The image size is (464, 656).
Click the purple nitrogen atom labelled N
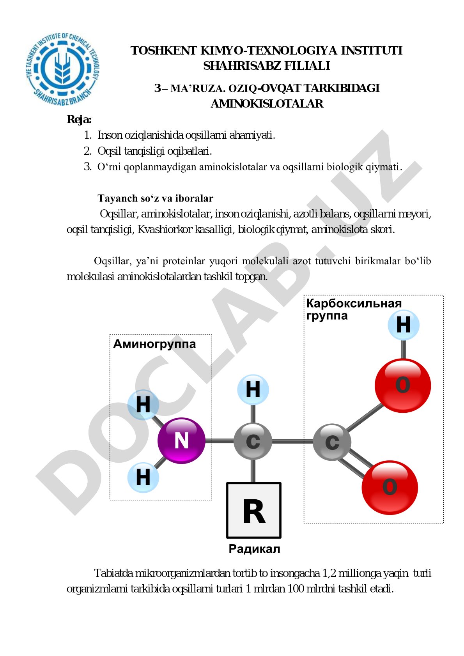click(181, 440)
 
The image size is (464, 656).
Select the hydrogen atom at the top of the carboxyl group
click(403, 325)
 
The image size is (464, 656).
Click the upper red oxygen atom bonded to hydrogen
click(403, 385)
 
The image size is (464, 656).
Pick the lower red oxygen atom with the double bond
click(390, 487)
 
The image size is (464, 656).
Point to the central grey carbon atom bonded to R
click(253, 441)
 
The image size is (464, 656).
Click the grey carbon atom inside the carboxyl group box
click(332, 442)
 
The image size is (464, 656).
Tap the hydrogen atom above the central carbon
click(253, 390)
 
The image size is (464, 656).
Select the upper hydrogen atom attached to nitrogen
click(143, 405)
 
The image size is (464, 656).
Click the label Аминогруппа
click(154, 344)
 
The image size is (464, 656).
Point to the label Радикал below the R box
click(254, 549)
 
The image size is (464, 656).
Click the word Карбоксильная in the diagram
click(354, 303)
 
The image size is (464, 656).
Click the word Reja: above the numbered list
click(79, 120)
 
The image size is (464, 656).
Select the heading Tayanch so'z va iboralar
click(155, 198)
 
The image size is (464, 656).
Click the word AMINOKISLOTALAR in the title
click(267, 104)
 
